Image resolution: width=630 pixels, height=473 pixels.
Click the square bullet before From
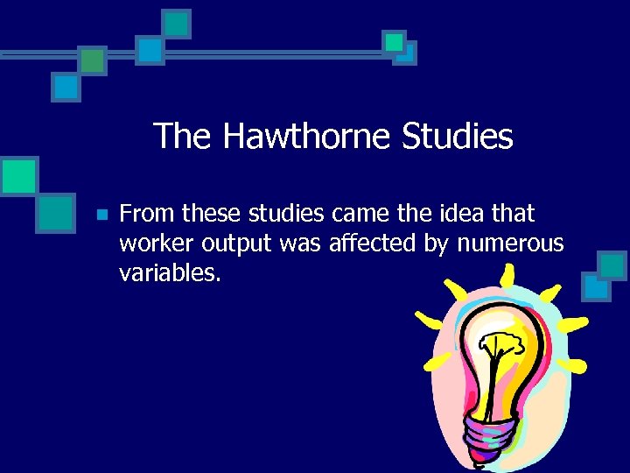(x=101, y=215)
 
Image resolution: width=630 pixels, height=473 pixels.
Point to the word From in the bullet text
(x=147, y=214)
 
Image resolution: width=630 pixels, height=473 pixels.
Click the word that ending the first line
(x=513, y=214)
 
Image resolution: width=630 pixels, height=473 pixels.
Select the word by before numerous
(x=436, y=244)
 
